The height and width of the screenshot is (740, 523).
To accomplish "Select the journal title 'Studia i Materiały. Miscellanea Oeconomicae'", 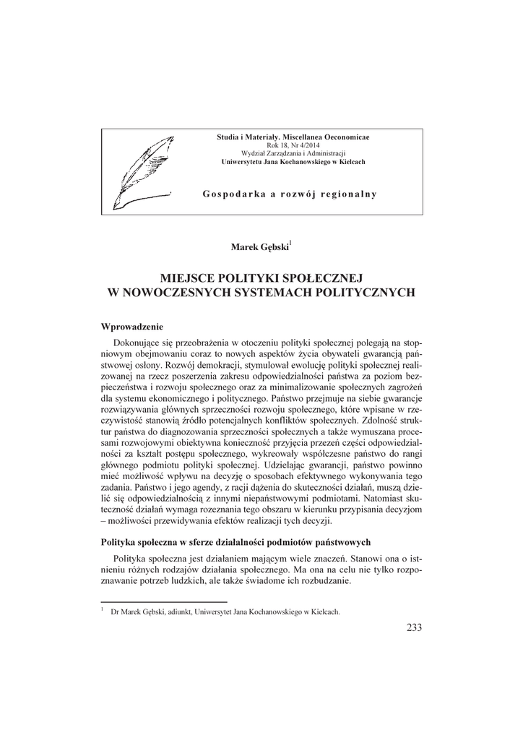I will tap(293, 137).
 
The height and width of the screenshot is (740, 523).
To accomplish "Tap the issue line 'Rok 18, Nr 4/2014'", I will tap(293, 145).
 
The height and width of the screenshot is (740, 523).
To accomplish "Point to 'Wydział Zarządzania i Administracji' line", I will tap(293, 153).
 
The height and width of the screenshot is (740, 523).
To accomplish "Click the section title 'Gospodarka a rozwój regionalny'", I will tap(290, 194).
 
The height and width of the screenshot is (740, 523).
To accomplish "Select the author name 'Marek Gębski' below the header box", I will tap(259, 247).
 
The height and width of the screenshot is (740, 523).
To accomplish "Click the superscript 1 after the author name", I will tap(290, 244).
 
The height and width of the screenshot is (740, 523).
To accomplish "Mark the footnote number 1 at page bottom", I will tap(103, 609).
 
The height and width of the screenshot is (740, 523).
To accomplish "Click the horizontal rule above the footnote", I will tap(163, 601).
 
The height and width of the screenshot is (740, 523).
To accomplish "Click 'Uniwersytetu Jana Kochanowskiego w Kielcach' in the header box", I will tap(293, 162).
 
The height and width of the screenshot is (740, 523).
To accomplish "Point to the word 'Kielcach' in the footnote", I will tap(324, 611).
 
